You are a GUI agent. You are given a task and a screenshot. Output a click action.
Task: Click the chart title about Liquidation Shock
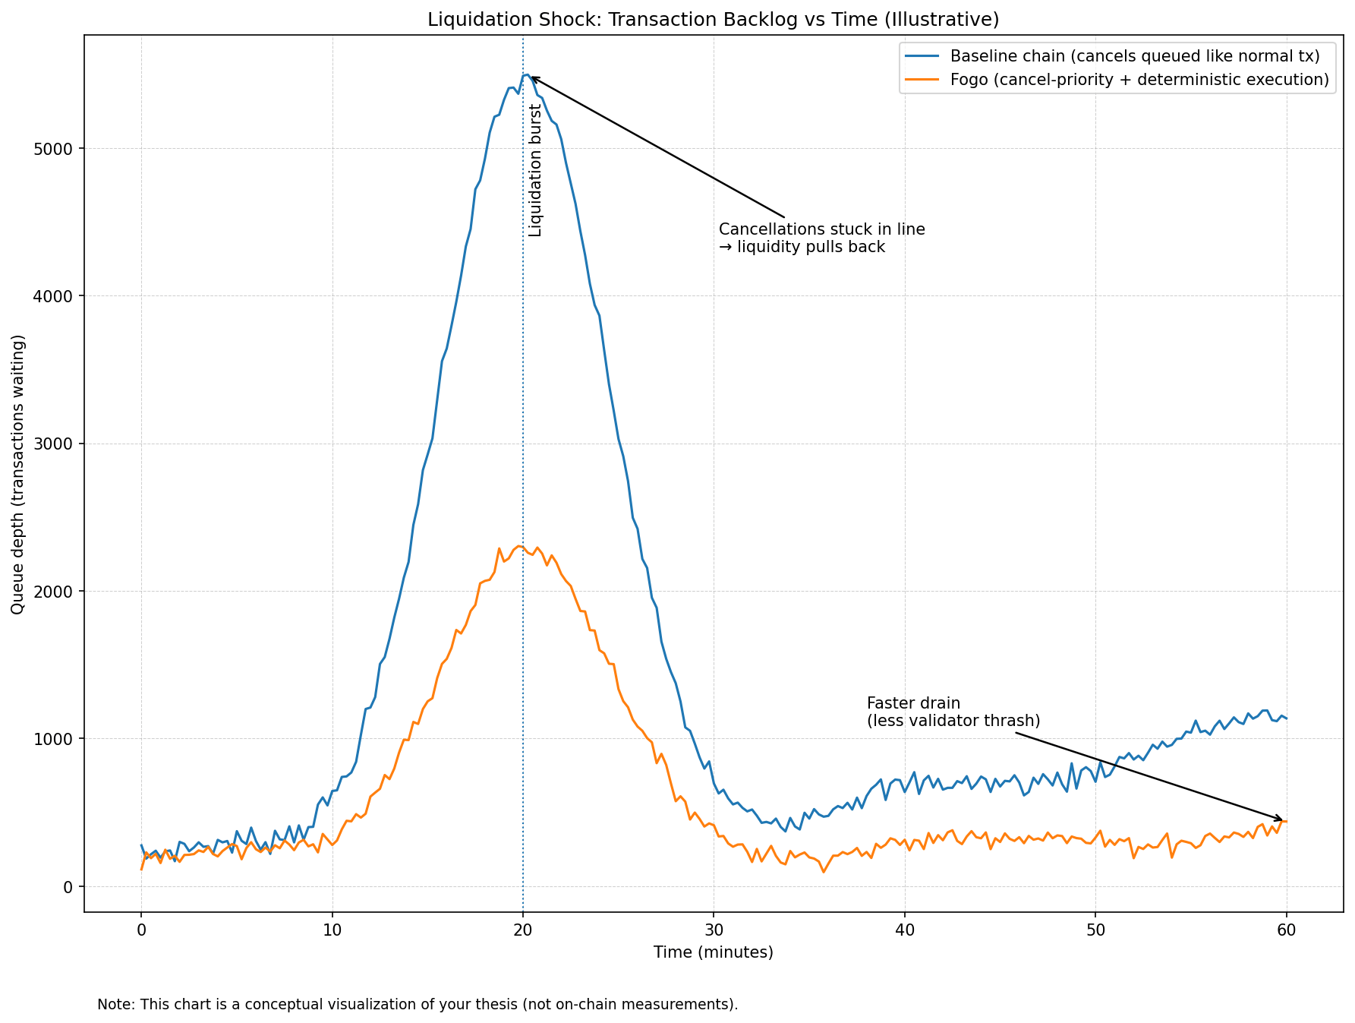(713, 20)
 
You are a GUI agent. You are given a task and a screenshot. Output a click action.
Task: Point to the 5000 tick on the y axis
(58, 149)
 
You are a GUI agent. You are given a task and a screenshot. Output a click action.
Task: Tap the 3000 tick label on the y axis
(58, 444)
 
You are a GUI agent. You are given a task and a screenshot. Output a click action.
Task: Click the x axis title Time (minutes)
(713, 952)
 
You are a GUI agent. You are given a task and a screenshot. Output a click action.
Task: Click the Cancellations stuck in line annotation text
(821, 238)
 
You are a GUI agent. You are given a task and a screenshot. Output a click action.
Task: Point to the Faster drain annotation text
(953, 712)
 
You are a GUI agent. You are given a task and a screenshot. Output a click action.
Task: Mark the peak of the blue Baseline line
(526, 74)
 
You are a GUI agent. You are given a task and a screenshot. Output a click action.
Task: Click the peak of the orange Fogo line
(519, 546)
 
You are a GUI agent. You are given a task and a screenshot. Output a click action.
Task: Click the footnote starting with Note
(418, 1004)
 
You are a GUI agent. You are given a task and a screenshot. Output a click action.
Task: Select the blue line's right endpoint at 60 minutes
(1286, 718)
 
